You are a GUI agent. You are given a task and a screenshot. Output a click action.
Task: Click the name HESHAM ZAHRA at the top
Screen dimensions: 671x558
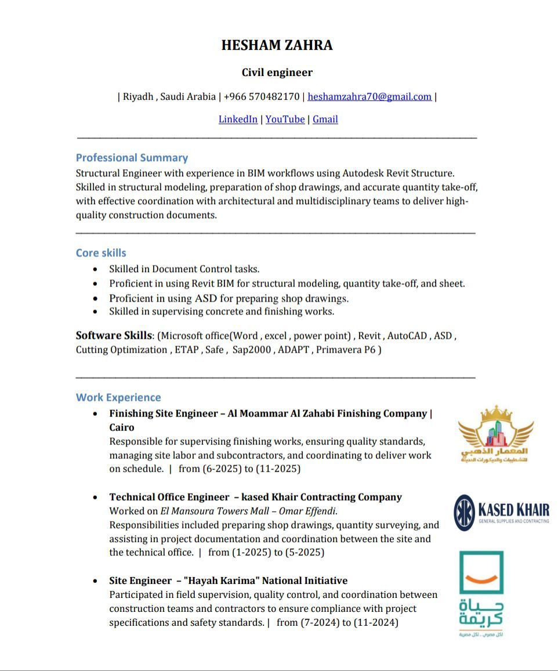point(277,45)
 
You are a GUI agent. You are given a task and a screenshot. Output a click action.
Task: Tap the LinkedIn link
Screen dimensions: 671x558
point(238,119)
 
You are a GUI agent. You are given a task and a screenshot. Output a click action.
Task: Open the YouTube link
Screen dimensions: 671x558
point(285,119)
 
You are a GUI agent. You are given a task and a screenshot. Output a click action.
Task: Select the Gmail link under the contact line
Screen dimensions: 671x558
point(325,119)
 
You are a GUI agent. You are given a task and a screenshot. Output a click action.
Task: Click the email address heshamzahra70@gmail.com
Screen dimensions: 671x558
point(369,96)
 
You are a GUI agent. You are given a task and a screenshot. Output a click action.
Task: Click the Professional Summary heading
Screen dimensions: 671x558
point(132,158)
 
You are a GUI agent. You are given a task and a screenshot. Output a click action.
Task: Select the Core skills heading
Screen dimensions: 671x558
point(101,253)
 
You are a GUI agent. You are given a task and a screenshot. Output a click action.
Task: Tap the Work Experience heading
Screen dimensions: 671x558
point(118,397)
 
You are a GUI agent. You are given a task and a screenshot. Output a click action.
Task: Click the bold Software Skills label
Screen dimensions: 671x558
point(113,335)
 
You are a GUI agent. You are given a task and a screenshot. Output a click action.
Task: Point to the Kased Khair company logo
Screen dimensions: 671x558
point(501,513)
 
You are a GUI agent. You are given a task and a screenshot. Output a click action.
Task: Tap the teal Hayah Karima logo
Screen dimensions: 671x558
point(481,593)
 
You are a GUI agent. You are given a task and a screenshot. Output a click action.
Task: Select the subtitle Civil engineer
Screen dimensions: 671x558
point(277,72)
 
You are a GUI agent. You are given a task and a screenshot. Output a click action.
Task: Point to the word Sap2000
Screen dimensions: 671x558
point(251,350)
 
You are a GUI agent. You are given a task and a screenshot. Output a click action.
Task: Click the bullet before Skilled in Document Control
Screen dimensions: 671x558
point(95,269)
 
